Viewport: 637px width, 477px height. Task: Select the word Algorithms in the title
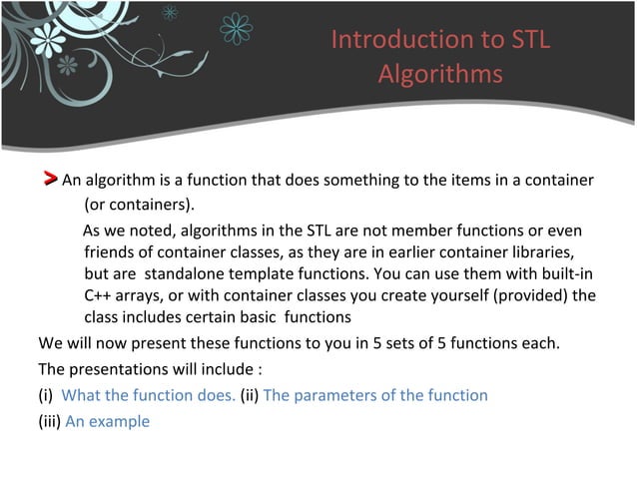440,75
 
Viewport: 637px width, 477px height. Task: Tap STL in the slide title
528,40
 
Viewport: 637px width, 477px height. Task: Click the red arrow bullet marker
49,180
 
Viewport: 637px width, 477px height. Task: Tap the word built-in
572,272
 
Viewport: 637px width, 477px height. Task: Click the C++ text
99,295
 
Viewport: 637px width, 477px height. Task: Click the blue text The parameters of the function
375,395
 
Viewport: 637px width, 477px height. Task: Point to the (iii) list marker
50,421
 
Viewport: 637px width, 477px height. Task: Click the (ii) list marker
250,395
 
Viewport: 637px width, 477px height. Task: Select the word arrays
134,295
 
